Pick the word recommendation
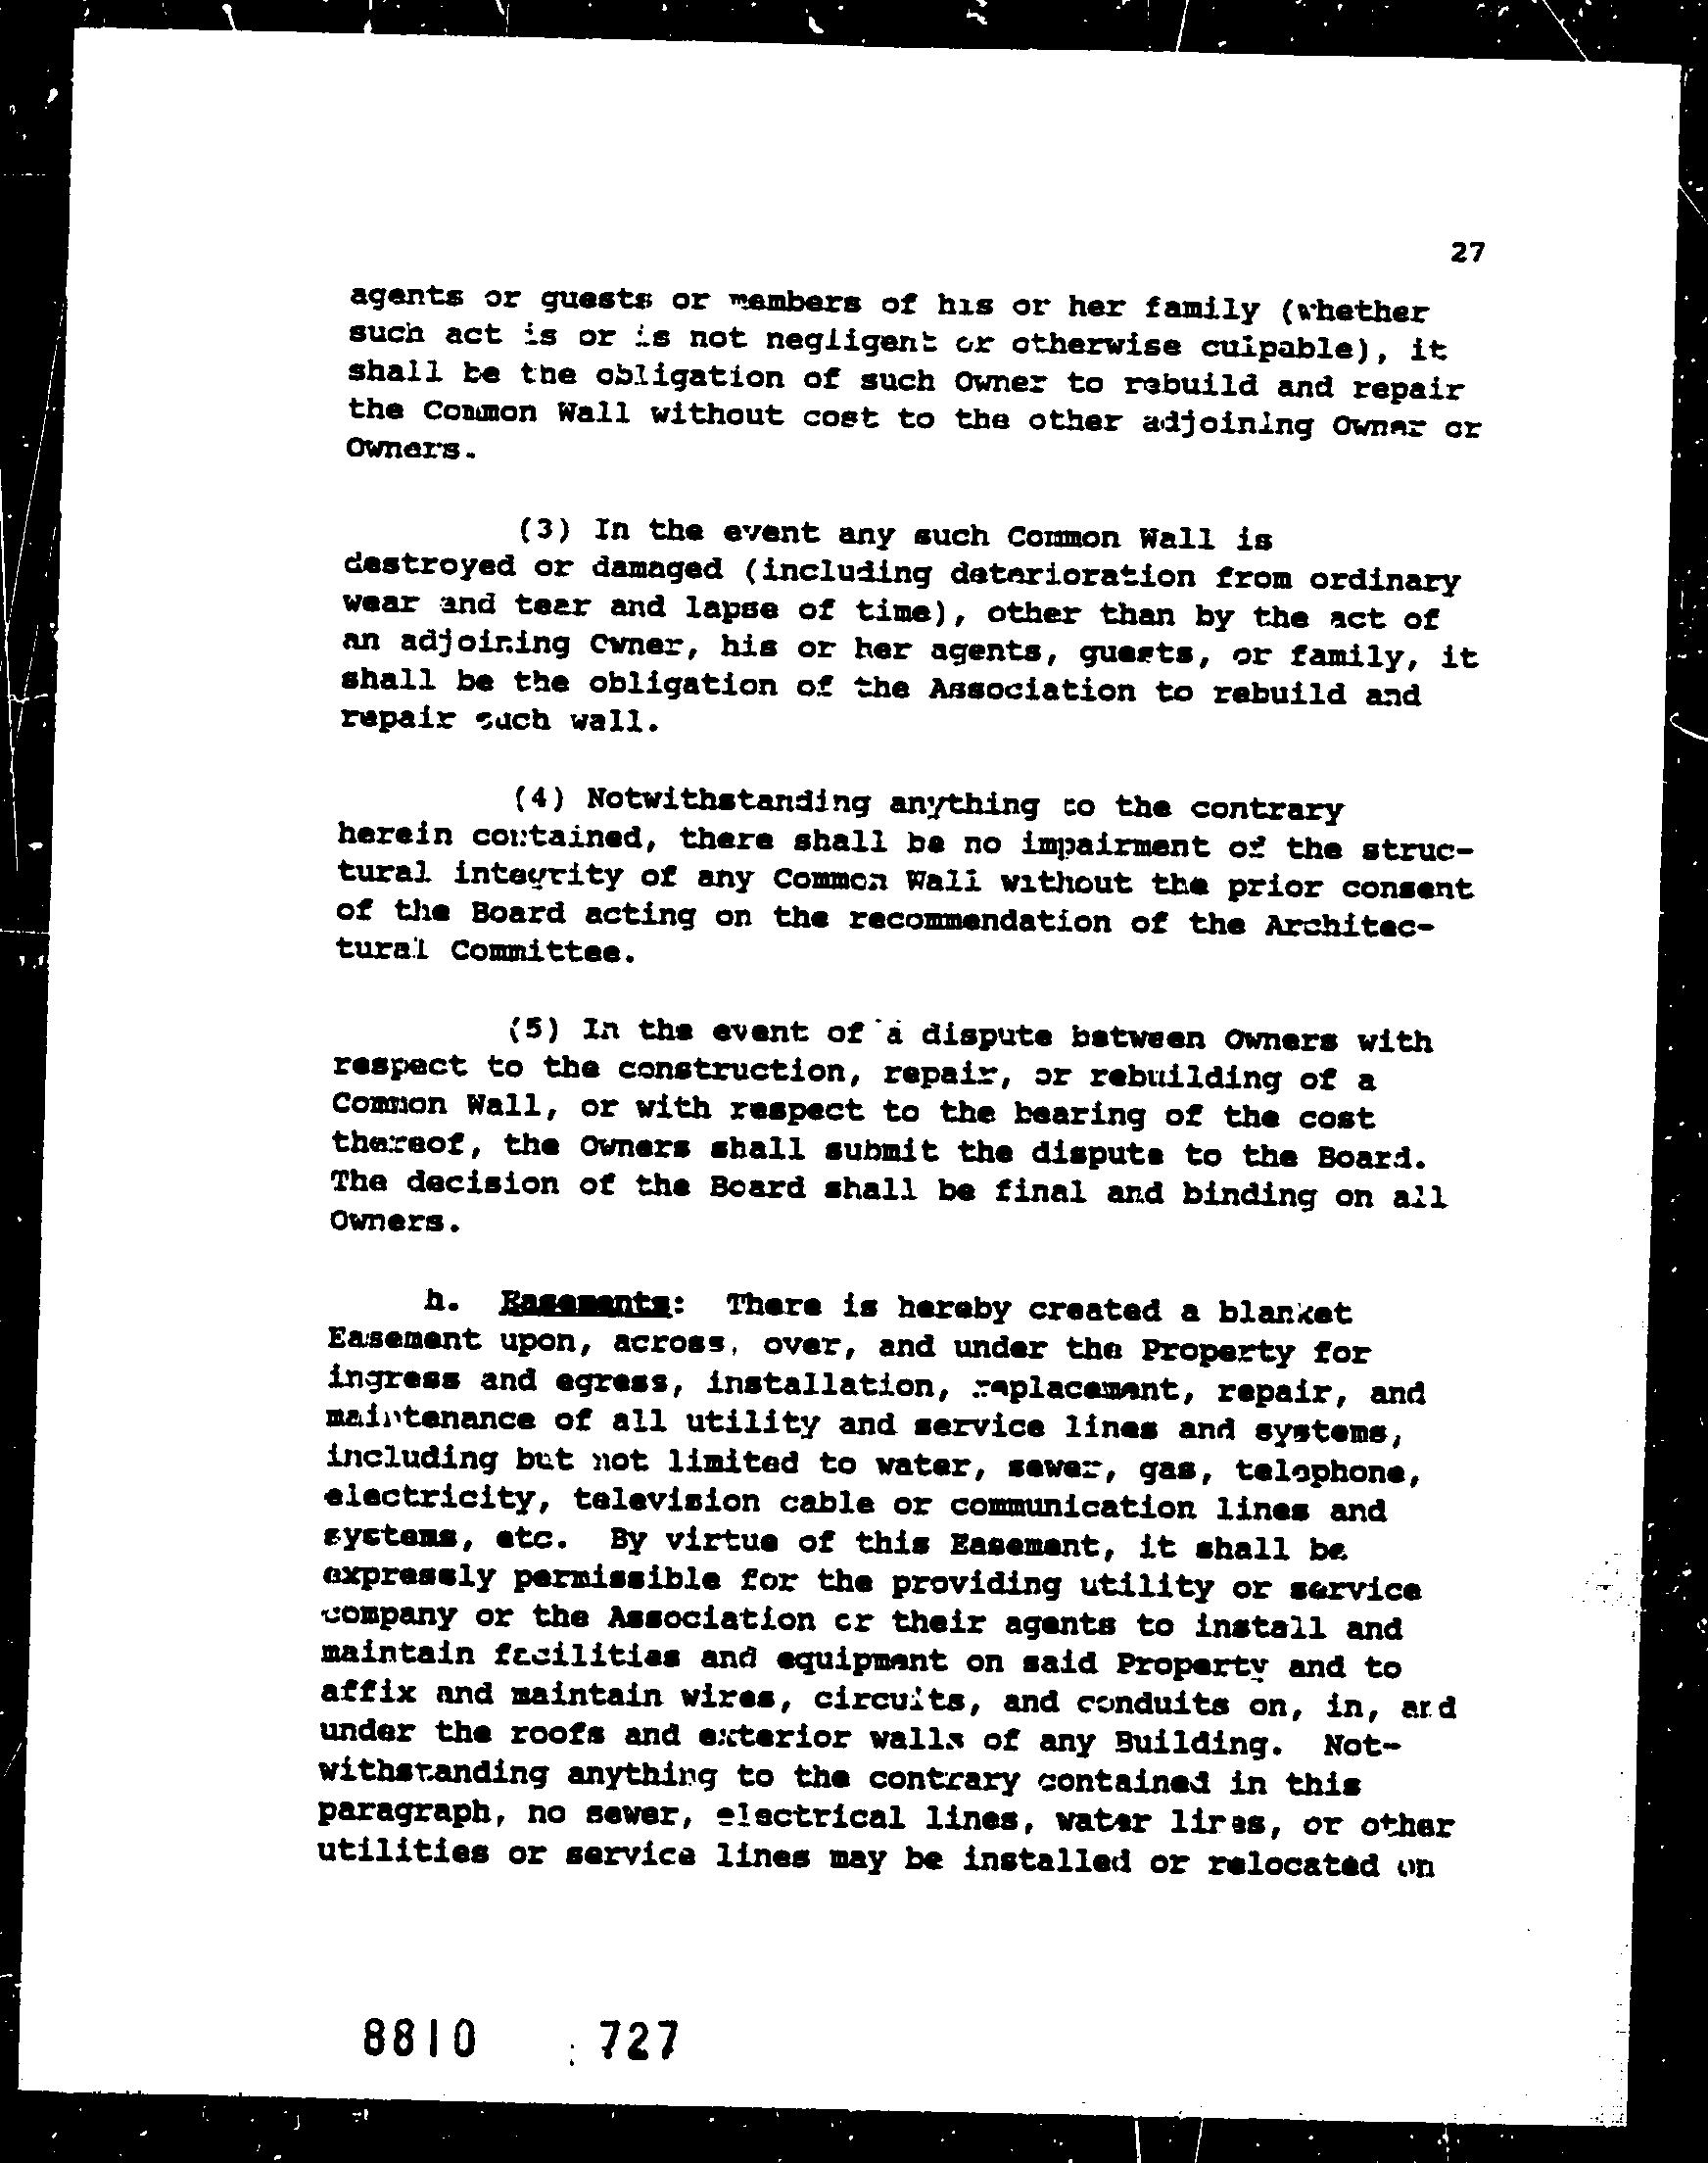980,919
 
